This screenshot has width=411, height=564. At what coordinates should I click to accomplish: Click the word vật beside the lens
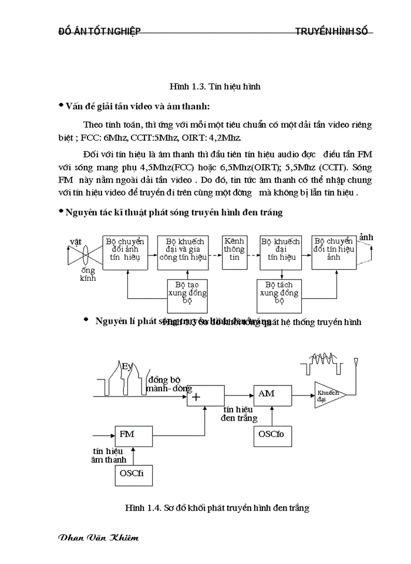point(75,241)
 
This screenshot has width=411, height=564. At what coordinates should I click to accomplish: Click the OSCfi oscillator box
point(132,474)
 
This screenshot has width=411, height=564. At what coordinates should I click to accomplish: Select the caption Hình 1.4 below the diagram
point(217,507)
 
